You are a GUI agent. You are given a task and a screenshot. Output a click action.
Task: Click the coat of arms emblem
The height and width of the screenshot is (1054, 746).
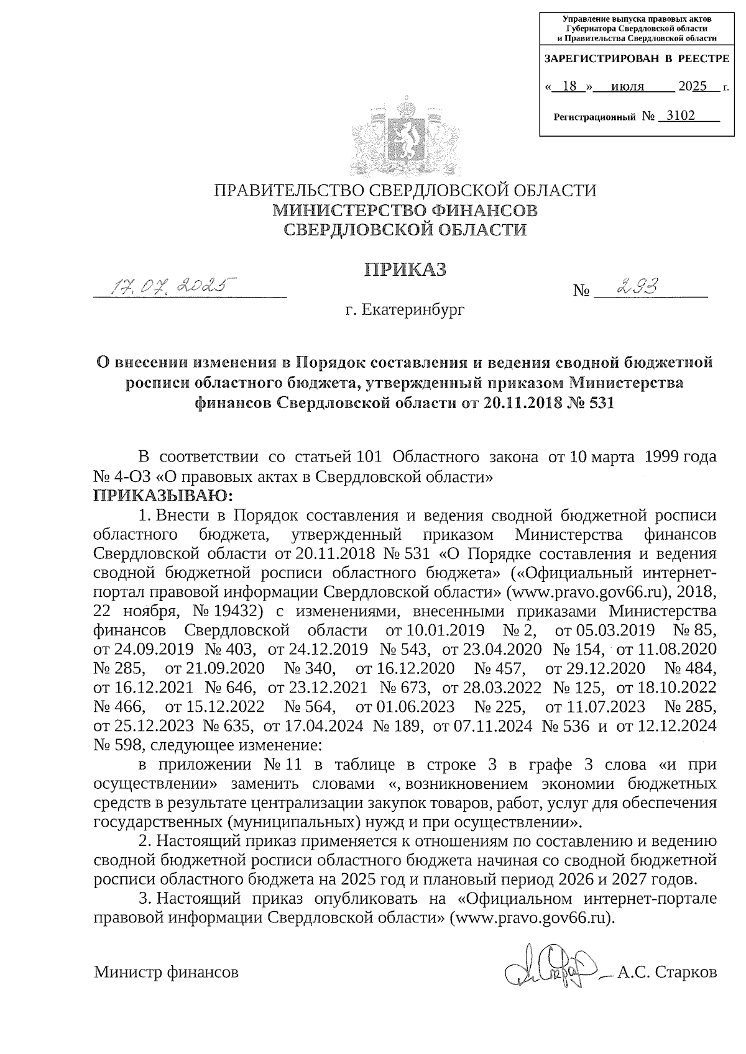pyautogui.click(x=405, y=131)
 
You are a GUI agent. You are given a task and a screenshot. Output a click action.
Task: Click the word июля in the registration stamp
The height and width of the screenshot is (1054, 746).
pyautogui.click(x=627, y=86)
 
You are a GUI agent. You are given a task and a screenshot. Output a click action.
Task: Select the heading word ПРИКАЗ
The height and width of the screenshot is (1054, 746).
pyautogui.click(x=405, y=269)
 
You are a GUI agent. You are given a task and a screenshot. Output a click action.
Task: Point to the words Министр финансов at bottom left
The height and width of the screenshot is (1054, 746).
pyautogui.click(x=166, y=973)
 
